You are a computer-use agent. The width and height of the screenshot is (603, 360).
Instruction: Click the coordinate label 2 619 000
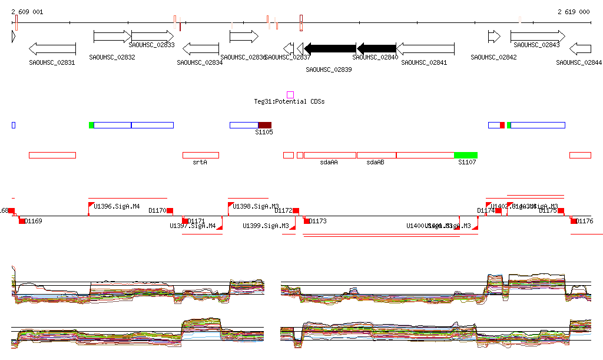[573, 12]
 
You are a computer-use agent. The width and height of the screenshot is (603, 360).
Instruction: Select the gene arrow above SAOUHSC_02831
[52, 48]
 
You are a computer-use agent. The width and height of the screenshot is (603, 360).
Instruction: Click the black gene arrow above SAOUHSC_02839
[330, 48]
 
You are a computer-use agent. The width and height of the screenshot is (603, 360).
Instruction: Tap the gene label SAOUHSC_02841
[423, 62]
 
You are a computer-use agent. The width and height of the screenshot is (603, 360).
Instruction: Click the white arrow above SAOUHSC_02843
[537, 37]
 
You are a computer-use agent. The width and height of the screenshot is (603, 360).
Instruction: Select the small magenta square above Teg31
[290, 95]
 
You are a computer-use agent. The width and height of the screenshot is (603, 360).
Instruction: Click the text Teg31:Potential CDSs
[289, 102]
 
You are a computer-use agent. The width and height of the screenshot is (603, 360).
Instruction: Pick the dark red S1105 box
[265, 125]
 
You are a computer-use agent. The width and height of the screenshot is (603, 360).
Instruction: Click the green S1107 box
[466, 155]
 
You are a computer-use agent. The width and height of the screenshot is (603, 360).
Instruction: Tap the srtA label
[200, 162]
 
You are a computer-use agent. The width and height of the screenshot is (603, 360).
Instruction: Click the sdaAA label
[329, 162]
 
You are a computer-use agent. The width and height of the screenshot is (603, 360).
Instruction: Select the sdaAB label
[375, 162]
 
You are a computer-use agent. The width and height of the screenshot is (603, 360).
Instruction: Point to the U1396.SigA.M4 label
[117, 207]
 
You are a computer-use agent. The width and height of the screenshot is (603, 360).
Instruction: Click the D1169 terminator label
[34, 222]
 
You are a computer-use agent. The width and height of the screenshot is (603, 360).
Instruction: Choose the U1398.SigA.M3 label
[256, 207]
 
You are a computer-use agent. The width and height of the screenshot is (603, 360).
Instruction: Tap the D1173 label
[318, 222]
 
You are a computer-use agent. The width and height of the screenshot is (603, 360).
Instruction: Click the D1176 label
[585, 222]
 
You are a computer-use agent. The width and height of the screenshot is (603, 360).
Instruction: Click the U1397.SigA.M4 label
[193, 226]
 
